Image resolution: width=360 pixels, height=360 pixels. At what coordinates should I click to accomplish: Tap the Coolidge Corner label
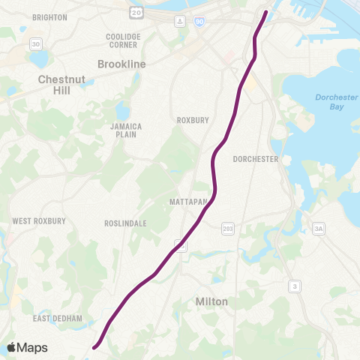tap(123, 40)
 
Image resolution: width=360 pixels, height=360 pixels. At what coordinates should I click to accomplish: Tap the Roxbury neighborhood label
tap(192, 120)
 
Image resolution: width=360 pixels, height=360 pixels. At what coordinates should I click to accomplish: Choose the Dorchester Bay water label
tap(330, 102)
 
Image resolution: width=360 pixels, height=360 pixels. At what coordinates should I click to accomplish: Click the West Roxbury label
tap(39, 221)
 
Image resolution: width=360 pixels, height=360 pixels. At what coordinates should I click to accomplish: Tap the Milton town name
tap(211, 301)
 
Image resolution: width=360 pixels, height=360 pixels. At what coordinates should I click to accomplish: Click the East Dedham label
tap(57, 319)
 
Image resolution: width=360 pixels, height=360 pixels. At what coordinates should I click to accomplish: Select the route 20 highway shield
tap(136, 12)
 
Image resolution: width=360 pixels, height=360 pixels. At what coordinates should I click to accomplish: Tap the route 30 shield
tap(36, 45)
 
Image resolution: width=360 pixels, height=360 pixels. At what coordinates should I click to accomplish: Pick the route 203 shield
tap(228, 228)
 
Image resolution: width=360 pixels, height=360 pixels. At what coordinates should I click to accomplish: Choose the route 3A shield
tap(318, 228)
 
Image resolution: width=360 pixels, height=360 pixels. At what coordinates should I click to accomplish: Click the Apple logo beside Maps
tap(11, 347)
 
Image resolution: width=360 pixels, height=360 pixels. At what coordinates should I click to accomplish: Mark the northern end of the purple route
tap(266, 11)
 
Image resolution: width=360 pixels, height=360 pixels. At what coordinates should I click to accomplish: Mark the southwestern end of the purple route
tap(94, 347)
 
